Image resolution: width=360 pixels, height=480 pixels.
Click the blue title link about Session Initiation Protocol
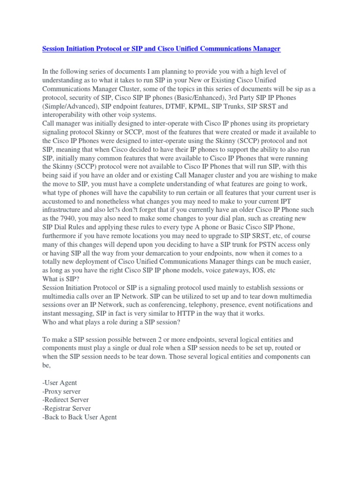(161, 49)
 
